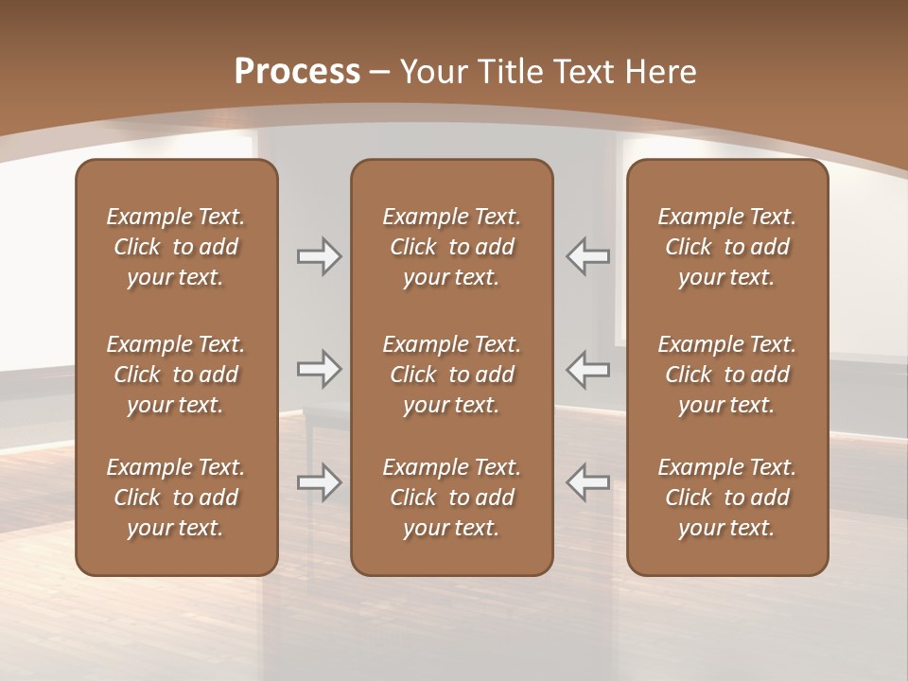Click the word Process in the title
point(297,72)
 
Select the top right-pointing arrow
point(319,256)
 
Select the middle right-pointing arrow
point(319,369)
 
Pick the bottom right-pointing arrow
point(319,482)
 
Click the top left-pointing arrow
point(587,256)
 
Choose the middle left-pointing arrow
point(587,369)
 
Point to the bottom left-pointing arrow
point(587,482)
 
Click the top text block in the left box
point(176,247)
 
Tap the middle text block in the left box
point(176,375)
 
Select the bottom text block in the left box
point(176,498)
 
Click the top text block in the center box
point(451,247)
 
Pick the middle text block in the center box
point(451,375)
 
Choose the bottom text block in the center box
point(451,498)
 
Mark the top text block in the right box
point(726,247)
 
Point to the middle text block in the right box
point(726,375)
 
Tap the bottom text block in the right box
point(726,498)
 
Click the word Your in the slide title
point(431,72)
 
